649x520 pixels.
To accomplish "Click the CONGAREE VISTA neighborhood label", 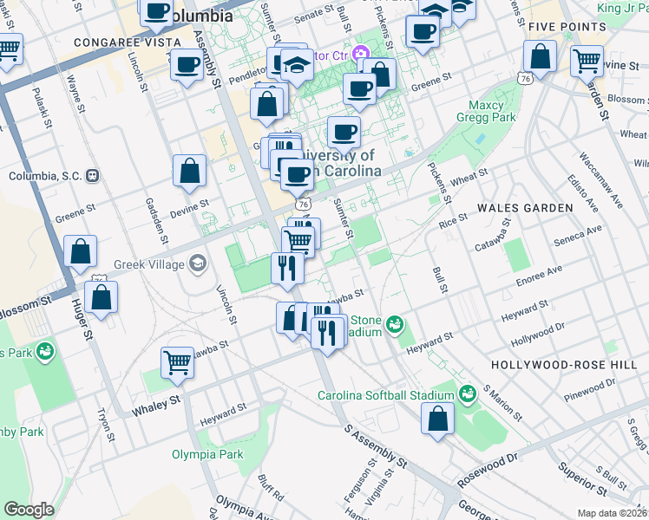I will pos(128,42).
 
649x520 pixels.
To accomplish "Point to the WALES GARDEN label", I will pos(524,208).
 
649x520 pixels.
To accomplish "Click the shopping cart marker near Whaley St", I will pos(177,361).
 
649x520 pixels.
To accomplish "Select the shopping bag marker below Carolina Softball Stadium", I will pos(437,418).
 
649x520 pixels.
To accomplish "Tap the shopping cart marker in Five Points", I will pos(587,61).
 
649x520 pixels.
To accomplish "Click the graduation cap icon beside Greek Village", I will pos(199,263).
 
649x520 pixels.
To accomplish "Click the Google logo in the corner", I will pos(29,510).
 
